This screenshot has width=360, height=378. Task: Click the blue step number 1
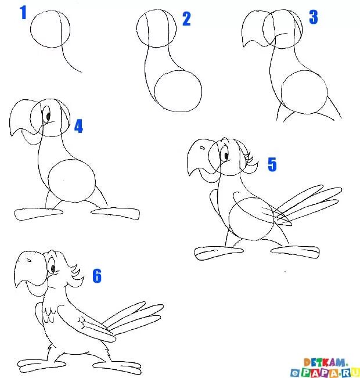point(23,13)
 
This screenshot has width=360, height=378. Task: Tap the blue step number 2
point(186,19)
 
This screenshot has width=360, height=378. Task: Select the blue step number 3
point(313,17)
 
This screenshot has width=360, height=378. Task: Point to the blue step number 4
point(78,126)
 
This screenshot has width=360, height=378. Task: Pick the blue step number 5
point(272,164)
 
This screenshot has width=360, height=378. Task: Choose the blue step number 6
point(97,276)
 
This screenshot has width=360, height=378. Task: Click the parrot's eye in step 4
point(48,116)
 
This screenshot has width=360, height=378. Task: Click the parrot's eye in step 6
point(52,267)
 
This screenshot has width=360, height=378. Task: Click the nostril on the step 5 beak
point(203,148)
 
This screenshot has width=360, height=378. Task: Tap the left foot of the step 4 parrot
point(38,214)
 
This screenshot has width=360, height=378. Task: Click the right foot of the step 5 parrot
point(295,251)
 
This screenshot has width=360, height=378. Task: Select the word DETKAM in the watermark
point(326,362)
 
